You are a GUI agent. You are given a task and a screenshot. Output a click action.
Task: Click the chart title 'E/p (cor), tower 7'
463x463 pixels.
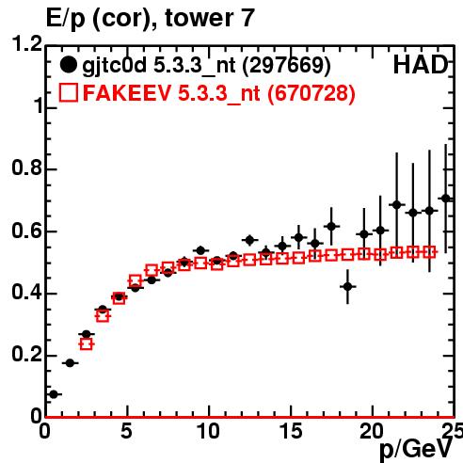click(x=150, y=18)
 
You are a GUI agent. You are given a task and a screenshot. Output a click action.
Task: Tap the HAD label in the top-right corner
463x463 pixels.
click(x=420, y=65)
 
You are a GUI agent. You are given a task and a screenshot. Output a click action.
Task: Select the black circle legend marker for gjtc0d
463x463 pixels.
click(x=68, y=65)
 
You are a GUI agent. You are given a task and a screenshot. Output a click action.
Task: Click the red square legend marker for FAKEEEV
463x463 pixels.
click(x=69, y=92)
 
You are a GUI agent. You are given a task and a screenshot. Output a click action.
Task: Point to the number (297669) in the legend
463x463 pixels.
click(x=287, y=65)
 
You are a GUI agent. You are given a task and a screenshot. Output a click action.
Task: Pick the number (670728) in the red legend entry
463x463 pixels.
click(x=311, y=93)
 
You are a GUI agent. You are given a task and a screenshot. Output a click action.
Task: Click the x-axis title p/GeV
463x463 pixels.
click(x=416, y=450)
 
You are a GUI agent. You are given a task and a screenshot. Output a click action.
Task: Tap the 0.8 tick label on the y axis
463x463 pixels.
click(x=26, y=168)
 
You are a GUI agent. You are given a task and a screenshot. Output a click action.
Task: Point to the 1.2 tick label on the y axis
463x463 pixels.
click(x=26, y=44)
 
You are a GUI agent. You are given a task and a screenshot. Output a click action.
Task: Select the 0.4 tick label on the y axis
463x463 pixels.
click(x=26, y=293)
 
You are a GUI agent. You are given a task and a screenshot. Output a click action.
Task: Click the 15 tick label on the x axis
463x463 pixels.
click(x=291, y=431)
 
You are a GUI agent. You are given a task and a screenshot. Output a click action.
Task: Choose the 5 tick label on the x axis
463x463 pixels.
click(x=126, y=431)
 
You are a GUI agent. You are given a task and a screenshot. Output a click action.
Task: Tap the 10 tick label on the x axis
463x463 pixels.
click(x=208, y=431)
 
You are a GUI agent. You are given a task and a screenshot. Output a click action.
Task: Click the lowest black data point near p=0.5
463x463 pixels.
click(x=54, y=394)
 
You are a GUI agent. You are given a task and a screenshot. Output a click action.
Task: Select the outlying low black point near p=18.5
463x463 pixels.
click(x=347, y=286)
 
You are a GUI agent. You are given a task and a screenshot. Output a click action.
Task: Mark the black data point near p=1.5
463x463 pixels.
click(x=70, y=363)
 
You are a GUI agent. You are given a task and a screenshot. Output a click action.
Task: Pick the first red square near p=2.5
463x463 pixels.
click(x=87, y=344)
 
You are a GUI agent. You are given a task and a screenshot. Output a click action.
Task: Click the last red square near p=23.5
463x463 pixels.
click(x=429, y=252)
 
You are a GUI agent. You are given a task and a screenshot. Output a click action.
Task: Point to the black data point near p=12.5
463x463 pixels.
click(x=249, y=240)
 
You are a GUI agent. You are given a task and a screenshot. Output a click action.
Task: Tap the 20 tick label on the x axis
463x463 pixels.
click(x=372, y=431)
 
